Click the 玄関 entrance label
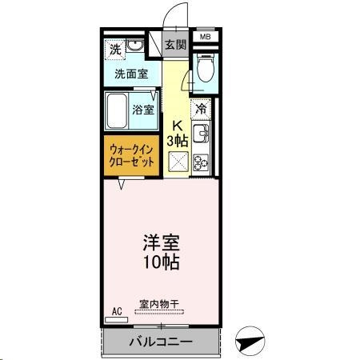click(x=175, y=45)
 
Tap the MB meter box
click(x=205, y=37)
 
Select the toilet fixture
click(x=206, y=67)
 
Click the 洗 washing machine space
click(x=116, y=48)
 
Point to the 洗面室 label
click(x=130, y=74)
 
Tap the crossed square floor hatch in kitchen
click(x=178, y=162)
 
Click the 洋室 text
click(x=160, y=241)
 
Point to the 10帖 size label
click(x=160, y=262)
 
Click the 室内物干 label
click(x=159, y=302)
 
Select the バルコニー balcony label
click(x=160, y=342)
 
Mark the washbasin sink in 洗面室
click(x=137, y=47)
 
